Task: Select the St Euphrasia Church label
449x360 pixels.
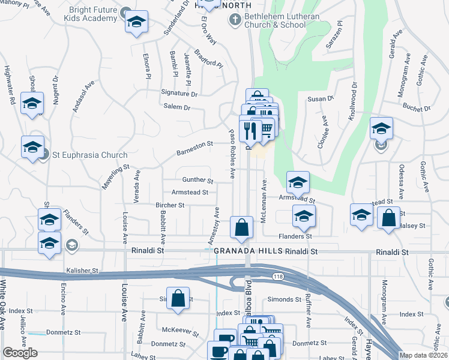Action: pyautogui.click(x=89, y=155)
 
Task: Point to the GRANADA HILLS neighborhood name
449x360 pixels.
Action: pyautogui.click(x=249, y=251)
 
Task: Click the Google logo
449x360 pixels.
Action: pyautogui.click(x=20, y=353)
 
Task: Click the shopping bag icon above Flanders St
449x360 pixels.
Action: pyautogui.click(x=241, y=228)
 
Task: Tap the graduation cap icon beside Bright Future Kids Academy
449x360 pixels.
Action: pyautogui.click(x=136, y=23)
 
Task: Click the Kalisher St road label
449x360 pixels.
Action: pyautogui.click(x=82, y=271)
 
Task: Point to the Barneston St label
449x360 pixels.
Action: pyautogui.click(x=195, y=148)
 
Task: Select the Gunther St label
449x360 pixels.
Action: pyautogui.click(x=198, y=180)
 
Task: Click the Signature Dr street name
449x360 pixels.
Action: pyautogui.click(x=179, y=94)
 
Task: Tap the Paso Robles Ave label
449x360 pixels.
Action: pyautogui.click(x=232, y=153)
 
